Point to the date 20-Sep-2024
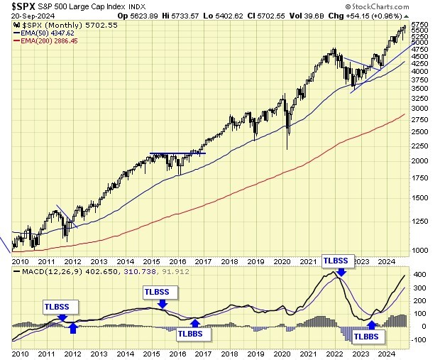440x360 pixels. tap(21, 16)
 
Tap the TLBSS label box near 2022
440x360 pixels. tap(335, 260)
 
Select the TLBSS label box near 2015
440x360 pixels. tap(156, 291)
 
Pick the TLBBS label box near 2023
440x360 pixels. tap(366, 336)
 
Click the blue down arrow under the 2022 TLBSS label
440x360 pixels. tap(341, 271)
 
